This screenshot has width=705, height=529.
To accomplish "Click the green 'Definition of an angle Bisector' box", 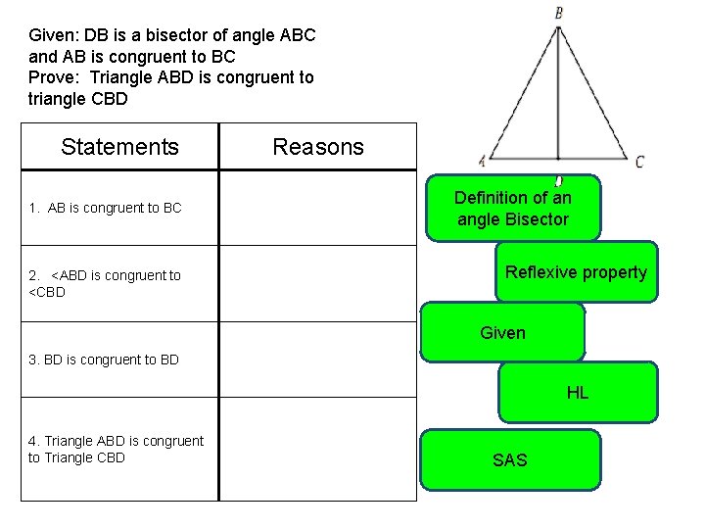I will [x=512, y=208].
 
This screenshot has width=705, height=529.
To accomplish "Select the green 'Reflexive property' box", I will [x=576, y=272].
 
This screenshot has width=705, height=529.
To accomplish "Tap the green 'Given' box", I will [x=502, y=332].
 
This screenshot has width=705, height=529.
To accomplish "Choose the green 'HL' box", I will [x=578, y=393].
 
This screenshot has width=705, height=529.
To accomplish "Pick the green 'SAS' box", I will [x=509, y=459].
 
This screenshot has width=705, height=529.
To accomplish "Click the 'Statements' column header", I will [x=119, y=147].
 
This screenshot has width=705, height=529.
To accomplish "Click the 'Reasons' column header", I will [x=317, y=147].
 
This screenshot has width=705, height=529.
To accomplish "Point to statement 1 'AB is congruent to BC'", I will [x=105, y=208].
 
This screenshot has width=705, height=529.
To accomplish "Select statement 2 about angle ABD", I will [x=105, y=283].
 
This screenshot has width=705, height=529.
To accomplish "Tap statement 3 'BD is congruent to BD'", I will [x=104, y=360].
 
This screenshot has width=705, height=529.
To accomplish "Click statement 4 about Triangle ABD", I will [x=116, y=449].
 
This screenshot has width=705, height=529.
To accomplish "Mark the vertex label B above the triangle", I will [x=558, y=14].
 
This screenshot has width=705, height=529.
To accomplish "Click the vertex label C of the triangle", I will [x=639, y=162].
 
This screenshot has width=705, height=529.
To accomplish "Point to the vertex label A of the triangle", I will [x=482, y=162].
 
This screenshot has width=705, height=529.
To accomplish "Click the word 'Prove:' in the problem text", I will [x=54, y=77].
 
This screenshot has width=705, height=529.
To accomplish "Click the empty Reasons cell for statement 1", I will [x=317, y=208].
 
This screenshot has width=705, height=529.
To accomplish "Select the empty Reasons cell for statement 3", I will [x=317, y=360].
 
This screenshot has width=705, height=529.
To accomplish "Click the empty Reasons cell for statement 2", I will [x=317, y=283].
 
